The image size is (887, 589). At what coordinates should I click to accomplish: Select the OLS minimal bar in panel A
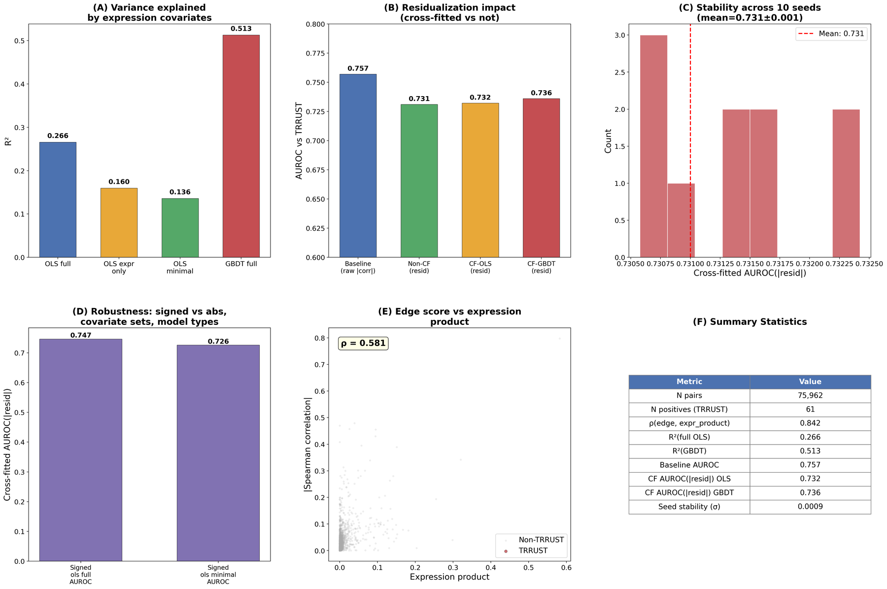tap(180, 228)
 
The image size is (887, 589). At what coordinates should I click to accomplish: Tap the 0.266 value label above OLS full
tap(58, 136)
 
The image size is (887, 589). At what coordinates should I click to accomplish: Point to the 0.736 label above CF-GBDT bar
tap(541, 93)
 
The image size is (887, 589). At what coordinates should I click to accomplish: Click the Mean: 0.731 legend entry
tap(831, 34)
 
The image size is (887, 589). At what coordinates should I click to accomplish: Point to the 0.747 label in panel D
tap(81, 335)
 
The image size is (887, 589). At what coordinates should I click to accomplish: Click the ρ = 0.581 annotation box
tap(363, 344)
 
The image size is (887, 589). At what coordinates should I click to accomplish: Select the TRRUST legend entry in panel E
tap(533, 551)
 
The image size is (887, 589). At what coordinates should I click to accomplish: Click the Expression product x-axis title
tap(449, 577)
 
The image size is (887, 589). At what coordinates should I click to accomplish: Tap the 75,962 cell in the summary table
tap(810, 395)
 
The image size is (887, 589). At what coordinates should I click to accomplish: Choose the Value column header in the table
tap(810, 381)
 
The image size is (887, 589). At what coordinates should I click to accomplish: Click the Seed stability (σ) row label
tap(689, 507)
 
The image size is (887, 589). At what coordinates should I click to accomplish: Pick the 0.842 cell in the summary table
tap(810, 423)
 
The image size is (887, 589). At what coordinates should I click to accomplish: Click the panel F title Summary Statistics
tap(750, 322)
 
